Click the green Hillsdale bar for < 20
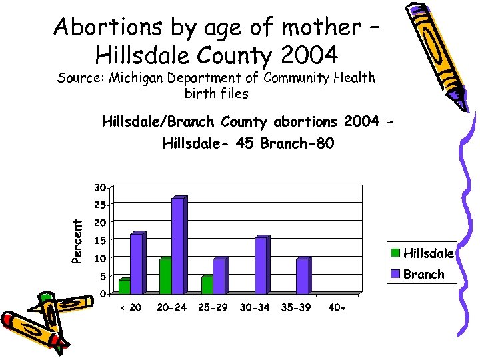pos(124,286)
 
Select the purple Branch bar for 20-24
pos(177,246)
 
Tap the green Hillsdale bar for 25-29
pos(207,285)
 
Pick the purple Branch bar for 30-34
pos(261,265)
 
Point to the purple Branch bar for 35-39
pos(302,276)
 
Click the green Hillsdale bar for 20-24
pos(165,276)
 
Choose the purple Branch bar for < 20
pos(136,264)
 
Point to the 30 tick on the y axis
pos(99,186)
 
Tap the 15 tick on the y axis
pos(99,240)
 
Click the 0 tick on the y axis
pos(101,294)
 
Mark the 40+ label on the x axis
pos(338,308)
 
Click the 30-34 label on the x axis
pos(254,308)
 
